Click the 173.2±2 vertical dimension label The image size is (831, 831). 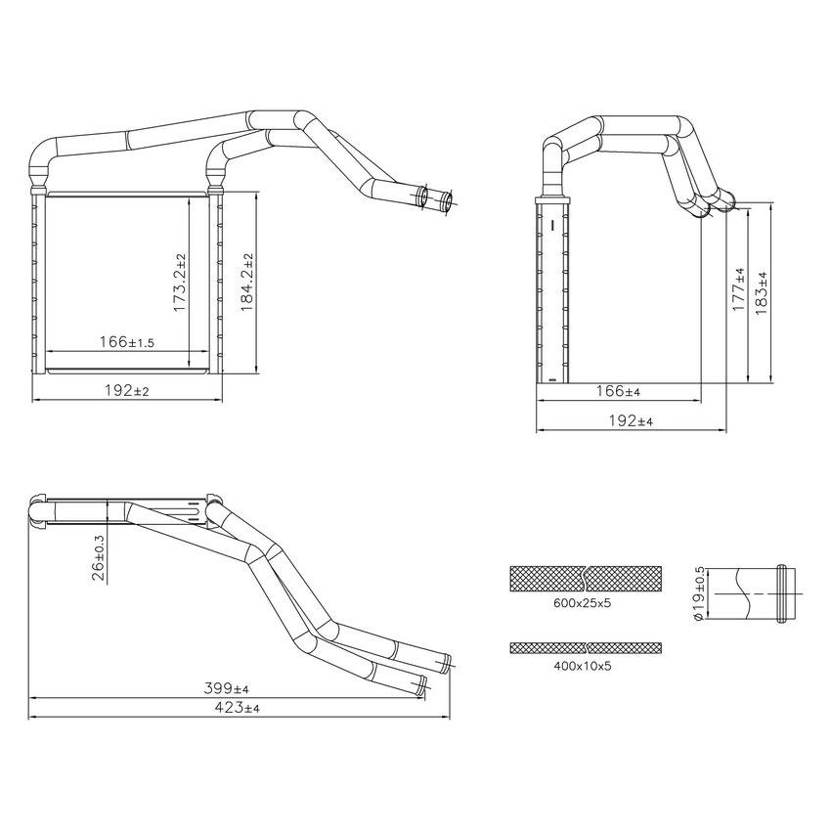pyautogui.click(x=180, y=284)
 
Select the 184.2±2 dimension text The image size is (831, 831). pyautogui.click(x=248, y=284)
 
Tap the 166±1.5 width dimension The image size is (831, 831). pyautogui.click(x=127, y=342)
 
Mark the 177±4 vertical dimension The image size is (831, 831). pyautogui.click(x=738, y=288)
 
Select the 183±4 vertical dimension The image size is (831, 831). pyautogui.click(x=764, y=290)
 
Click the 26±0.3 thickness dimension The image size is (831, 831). pyautogui.click(x=99, y=558)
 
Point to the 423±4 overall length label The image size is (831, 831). pyautogui.click(x=238, y=708)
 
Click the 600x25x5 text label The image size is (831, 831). pyautogui.click(x=582, y=604)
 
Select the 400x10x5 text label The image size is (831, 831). pyautogui.click(x=582, y=665)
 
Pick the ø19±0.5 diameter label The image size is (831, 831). pyautogui.click(x=697, y=593)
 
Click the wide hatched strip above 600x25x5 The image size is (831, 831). pyautogui.click(x=586, y=579)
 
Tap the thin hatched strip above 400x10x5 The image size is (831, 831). pyautogui.click(x=586, y=647)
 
